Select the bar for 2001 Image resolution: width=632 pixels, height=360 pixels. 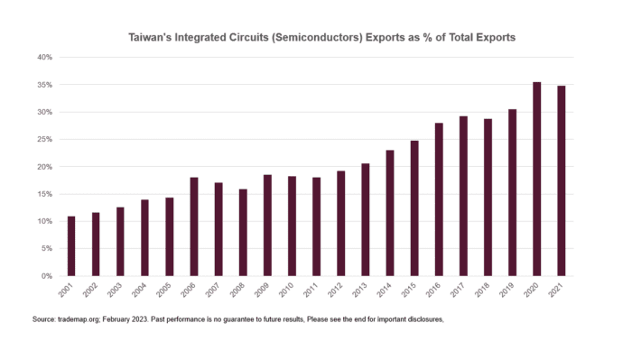pyautogui.click(x=71, y=245)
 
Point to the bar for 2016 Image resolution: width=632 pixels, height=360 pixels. pyautogui.click(x=439, y=199)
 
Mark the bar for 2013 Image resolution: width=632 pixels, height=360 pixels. pyautogui.click(x=365, y=219)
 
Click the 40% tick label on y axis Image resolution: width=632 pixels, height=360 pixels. pyautogui.click(x=44, y=57)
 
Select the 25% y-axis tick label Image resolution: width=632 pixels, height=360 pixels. pyautogui.click(x=44, y=139)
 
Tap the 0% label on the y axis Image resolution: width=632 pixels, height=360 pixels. pyautogui.click(x=47, y=275)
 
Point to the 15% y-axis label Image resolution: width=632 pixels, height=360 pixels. pyautogui.click(x=44, y=194)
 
